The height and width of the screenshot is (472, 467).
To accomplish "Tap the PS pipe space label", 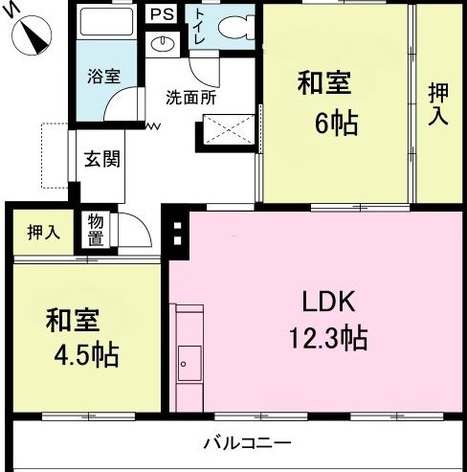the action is [x=162, y=14].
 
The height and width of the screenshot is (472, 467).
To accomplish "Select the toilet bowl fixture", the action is [x=236, y=28].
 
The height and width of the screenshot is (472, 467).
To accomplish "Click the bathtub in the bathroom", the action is [x=107, y=22].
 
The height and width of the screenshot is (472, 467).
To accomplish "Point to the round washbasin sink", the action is [x=163, y=44].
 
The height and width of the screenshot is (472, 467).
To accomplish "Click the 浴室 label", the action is [x=104, y=77].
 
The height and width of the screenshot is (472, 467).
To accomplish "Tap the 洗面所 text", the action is [x=190, y=98].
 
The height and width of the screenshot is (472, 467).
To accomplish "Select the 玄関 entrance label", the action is [x=102, y=159].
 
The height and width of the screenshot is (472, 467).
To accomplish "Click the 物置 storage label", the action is [x=96, y=231].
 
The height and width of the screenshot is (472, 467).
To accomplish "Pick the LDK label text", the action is [x=328, y=302].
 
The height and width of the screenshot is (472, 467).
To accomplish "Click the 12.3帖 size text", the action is [x=328, y=338].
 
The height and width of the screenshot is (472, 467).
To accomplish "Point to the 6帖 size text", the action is [x=336, y=124].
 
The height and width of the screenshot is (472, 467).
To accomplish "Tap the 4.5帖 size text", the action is [x=86, y=355].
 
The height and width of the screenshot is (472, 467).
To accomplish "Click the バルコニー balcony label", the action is [x=248, y=443].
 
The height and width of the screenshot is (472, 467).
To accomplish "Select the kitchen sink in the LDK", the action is [x=189, y=363].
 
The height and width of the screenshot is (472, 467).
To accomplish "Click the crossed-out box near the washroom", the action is [x=229, y=129].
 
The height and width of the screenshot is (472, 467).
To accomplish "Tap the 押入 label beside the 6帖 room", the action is [x=438, y=104].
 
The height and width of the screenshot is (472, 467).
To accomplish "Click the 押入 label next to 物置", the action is [x=44, y=232].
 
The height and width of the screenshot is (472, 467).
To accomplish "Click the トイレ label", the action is [x=200, y=27].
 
